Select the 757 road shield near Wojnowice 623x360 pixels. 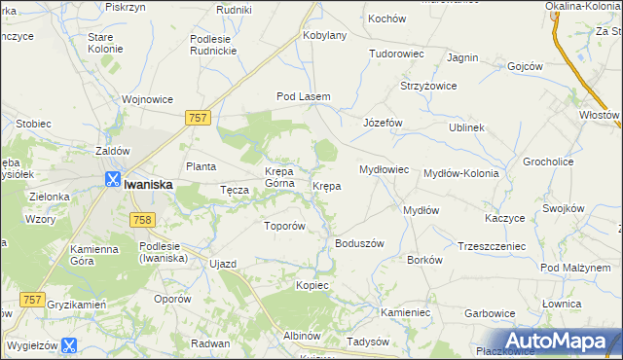coord(198,117)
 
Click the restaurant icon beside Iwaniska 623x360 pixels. coord(112,179)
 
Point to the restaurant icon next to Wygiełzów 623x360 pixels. coord(69,344)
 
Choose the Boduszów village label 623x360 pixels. coord(360,243)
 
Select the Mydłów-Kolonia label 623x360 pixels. coord(461,173)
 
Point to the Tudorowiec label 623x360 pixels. coord(394,54)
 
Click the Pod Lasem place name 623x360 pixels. coord(304,97)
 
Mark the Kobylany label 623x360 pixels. coord(325,35)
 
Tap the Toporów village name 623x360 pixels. coord(286,226)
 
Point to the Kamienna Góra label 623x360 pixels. coord(94,256)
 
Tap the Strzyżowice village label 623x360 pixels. coord(429,87)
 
